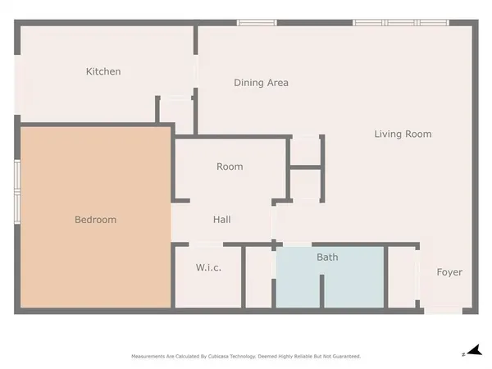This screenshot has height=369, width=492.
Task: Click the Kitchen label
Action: [103, 71]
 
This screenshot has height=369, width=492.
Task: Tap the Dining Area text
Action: [261, 83]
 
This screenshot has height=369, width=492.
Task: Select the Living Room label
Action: [403, 134]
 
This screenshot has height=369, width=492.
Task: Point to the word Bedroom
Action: [95, 220]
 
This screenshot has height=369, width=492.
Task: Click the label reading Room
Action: [230, 166]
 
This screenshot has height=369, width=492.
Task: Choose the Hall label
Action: [221, 220]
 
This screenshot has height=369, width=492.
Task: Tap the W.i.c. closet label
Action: [208, 268]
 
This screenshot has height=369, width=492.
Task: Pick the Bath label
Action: [327, 257]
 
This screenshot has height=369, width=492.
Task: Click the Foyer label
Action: [449, 272]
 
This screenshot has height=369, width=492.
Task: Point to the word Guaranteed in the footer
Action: [345, 357]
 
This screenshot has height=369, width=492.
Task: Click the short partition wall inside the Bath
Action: [323, 291]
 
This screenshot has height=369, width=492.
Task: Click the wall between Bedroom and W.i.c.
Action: [172, 277]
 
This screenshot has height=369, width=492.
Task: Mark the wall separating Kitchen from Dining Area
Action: [195, 78]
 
